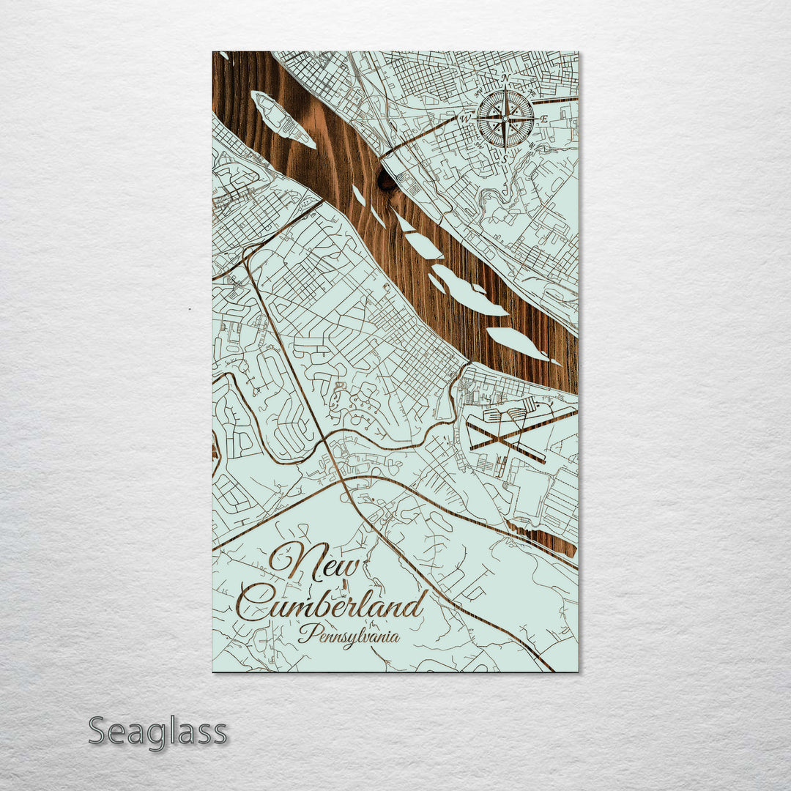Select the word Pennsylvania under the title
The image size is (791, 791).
coord(349,634)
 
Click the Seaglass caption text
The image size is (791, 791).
coord(157,732)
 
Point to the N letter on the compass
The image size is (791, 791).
coord(505,77)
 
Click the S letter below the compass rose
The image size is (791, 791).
coord(505,158)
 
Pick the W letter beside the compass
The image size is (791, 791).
coord(464,118)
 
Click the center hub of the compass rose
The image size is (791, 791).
coord(505,118)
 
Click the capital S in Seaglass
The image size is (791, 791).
coord(100,732)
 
